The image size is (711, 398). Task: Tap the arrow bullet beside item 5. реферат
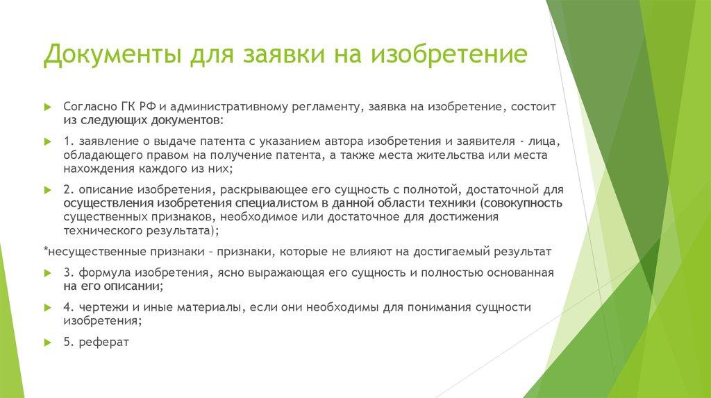[x=47, y=343]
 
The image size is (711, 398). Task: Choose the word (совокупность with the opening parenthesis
[x=521, y=202]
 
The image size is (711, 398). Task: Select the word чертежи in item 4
[x=103, y=307]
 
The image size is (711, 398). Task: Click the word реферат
[x=104, y=342]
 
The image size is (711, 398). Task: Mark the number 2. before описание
[x=69, y=189]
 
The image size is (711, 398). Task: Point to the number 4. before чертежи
[x=69, y=307]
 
